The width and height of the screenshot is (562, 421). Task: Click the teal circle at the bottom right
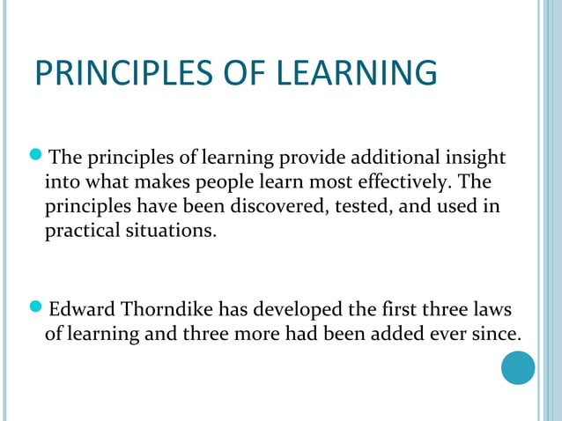point(518,367)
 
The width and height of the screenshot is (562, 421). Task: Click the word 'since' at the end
point(497,335)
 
